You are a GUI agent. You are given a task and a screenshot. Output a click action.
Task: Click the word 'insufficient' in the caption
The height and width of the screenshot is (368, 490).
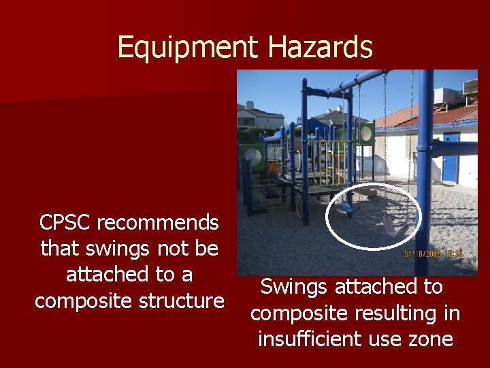(314, 339)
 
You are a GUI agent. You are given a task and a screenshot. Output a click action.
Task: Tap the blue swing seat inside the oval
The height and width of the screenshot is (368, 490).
(346, 206)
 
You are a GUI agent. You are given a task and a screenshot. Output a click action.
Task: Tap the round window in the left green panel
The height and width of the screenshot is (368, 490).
(253, 156)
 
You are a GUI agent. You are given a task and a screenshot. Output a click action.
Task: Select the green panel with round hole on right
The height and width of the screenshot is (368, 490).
(366, 133)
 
